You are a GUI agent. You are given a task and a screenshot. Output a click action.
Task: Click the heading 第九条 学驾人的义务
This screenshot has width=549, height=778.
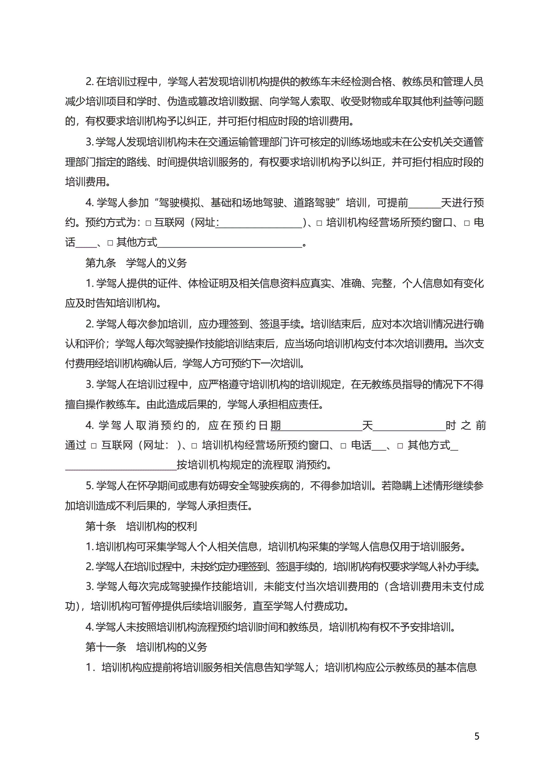coord(136,263)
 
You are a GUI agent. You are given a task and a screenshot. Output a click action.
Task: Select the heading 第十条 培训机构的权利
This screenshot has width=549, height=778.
coord(141,526)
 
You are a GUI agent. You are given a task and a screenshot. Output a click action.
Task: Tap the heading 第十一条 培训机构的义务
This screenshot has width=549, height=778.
coord(146,647)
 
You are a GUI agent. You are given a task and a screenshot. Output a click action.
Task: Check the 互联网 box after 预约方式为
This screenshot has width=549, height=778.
coord(148,223)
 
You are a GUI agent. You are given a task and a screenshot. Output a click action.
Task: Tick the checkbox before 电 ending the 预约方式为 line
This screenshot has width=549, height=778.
coord(467,223)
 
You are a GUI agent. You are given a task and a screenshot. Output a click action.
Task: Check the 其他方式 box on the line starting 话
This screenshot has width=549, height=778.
coord(110,243)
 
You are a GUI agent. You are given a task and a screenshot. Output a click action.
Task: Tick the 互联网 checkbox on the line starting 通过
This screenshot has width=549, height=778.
coord(94,446)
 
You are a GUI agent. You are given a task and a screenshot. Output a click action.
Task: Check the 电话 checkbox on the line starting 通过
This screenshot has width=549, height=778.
coord(343,446)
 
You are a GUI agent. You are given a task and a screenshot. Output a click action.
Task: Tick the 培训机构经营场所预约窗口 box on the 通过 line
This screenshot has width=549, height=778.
coord(194,446)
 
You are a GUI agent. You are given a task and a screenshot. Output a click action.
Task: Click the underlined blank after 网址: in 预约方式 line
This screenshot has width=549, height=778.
coord(259,224)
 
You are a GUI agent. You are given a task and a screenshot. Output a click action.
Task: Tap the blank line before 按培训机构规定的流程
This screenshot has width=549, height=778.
coord(121,466)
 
